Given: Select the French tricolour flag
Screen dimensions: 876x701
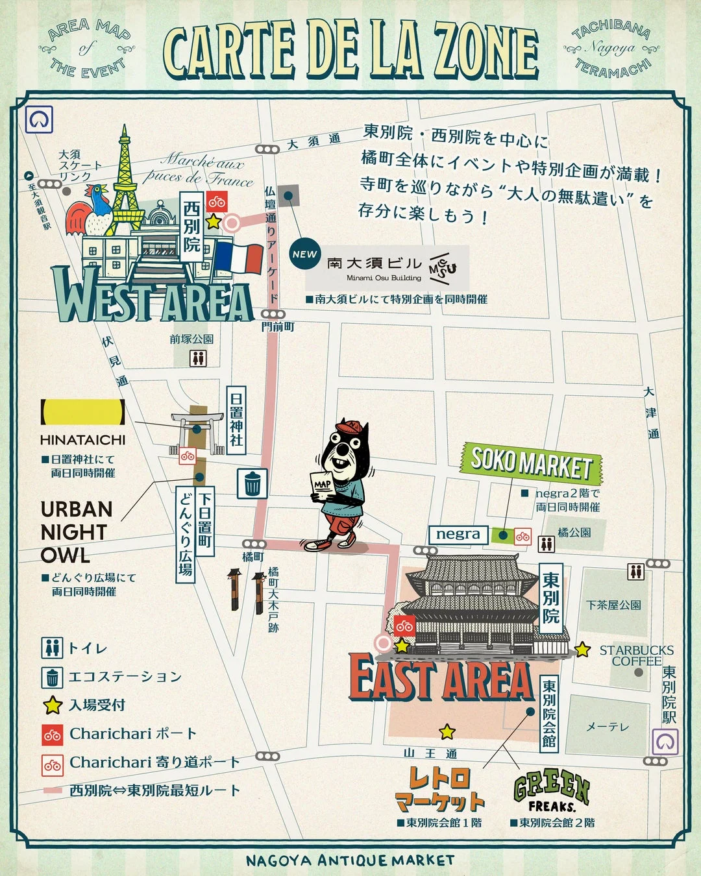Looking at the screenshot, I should [238, 257].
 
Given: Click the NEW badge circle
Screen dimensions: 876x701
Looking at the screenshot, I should [304, 254].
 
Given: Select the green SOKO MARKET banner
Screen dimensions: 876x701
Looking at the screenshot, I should [531, 463].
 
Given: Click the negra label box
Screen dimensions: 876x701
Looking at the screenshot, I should [458, 534].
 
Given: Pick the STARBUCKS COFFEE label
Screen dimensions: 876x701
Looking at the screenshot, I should [636, 655].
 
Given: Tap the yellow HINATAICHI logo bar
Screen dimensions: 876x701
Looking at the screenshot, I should [82, 412].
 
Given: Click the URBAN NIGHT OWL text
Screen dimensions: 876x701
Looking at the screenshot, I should [76, 532].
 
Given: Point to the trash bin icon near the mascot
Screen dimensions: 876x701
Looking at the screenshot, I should [252, 483].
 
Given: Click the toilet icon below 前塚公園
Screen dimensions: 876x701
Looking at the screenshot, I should [197, 358].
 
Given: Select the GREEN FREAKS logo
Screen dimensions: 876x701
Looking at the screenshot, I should [552, 792].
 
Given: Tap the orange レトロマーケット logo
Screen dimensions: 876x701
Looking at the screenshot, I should [440, 789].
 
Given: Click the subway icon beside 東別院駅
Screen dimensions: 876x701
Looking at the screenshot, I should [665, 742].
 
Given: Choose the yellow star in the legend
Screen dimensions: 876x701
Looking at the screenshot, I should [52, 705].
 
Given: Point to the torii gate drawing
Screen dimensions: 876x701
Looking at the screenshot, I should [195, 428].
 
